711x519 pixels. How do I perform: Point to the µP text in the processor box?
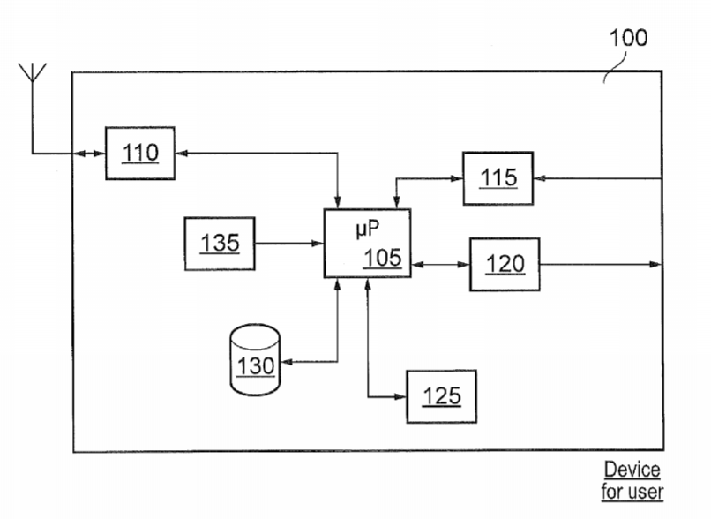coord(368,229)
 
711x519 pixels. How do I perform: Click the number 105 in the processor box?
coord(383,258)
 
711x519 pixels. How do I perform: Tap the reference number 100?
coord(628,37)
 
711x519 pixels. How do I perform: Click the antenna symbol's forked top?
coord(32,72)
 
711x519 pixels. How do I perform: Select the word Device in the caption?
coord(632,470)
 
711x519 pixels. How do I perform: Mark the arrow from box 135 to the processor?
coord(289,244)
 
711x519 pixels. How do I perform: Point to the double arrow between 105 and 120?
coord(440,264)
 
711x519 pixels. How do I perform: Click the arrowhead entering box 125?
coord(400,396)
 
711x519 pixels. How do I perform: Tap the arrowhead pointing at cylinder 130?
coord(287,362)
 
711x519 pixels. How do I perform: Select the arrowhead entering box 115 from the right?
coord(540,178)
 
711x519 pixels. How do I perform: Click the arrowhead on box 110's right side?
coord(182,154)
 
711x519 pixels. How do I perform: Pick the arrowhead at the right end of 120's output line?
coord(655,264)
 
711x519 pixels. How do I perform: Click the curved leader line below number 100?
coord(617,68)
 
